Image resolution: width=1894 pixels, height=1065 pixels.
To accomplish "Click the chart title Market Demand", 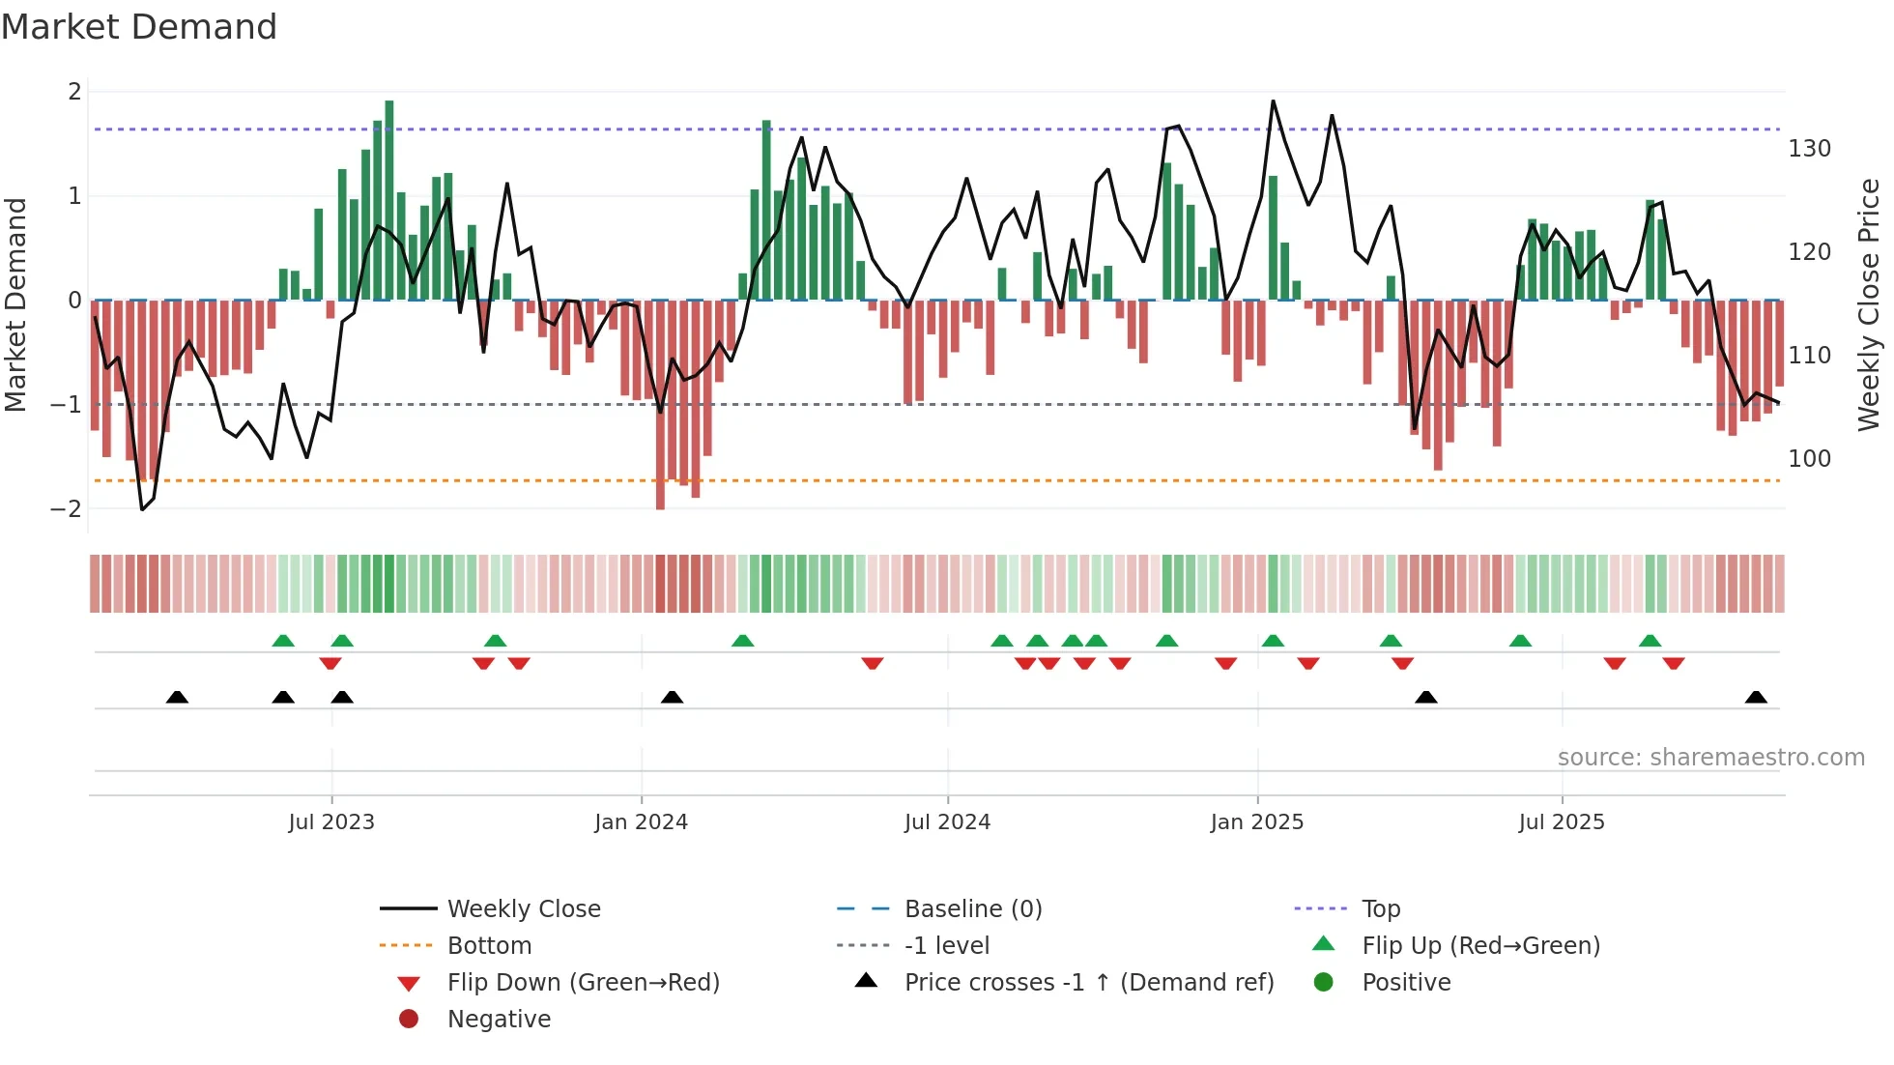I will [139, 27].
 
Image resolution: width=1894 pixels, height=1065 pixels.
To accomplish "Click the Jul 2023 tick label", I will [331, 822].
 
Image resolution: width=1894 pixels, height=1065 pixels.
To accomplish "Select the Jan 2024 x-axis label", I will [641, 822].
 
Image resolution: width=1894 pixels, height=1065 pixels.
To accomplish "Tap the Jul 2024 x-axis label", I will [947, 822].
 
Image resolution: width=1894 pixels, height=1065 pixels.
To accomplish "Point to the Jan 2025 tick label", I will [1256, 822].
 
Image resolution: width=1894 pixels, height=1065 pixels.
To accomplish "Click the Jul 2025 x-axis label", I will [1561, 822].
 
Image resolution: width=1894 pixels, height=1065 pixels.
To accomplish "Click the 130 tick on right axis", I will [1809, 149].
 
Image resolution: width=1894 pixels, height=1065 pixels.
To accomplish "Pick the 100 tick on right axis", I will [1809, 458].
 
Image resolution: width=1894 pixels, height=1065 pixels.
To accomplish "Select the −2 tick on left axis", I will [66, 509].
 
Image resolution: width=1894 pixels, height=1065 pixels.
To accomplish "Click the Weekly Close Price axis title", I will [1869, 304].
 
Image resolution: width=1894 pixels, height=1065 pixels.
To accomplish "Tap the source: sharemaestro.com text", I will [1710, 758].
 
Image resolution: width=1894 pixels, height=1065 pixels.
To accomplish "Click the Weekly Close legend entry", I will [523, 909].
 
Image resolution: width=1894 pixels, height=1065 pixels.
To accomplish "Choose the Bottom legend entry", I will [489, 946].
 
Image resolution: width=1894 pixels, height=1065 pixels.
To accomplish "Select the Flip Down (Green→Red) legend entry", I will [583, 983].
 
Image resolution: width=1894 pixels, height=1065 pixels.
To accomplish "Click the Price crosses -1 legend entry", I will [1088, 983].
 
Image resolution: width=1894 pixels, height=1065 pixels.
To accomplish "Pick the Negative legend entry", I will [499, 1020].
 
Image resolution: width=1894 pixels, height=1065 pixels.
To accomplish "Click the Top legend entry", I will [1380, 909].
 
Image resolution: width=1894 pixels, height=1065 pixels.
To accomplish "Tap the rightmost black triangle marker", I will [1756, 698].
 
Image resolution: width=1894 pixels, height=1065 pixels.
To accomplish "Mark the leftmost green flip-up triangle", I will [283, 641].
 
